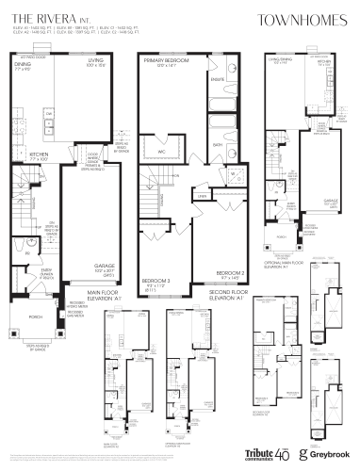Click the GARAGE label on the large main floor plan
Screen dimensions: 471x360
click(x=105, y=267)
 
